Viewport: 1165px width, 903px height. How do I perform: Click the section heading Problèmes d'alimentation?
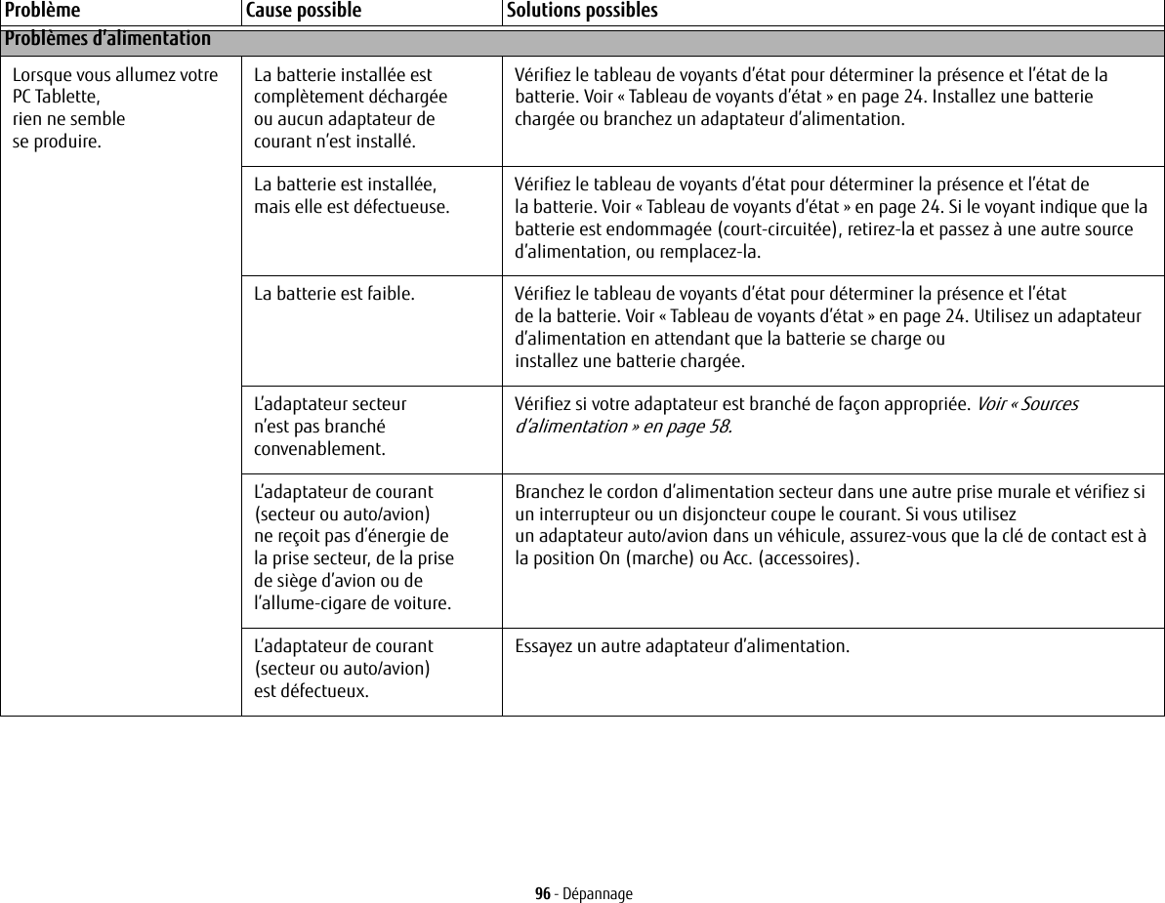coord(106,39)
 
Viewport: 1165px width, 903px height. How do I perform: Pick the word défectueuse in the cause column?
coord(405,207)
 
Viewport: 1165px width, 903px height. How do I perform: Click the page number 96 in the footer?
coord(542,894)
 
